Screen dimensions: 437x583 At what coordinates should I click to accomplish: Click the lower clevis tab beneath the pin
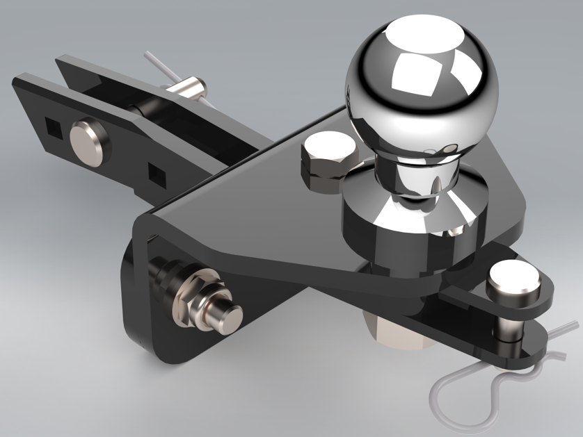tap(515, 347)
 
